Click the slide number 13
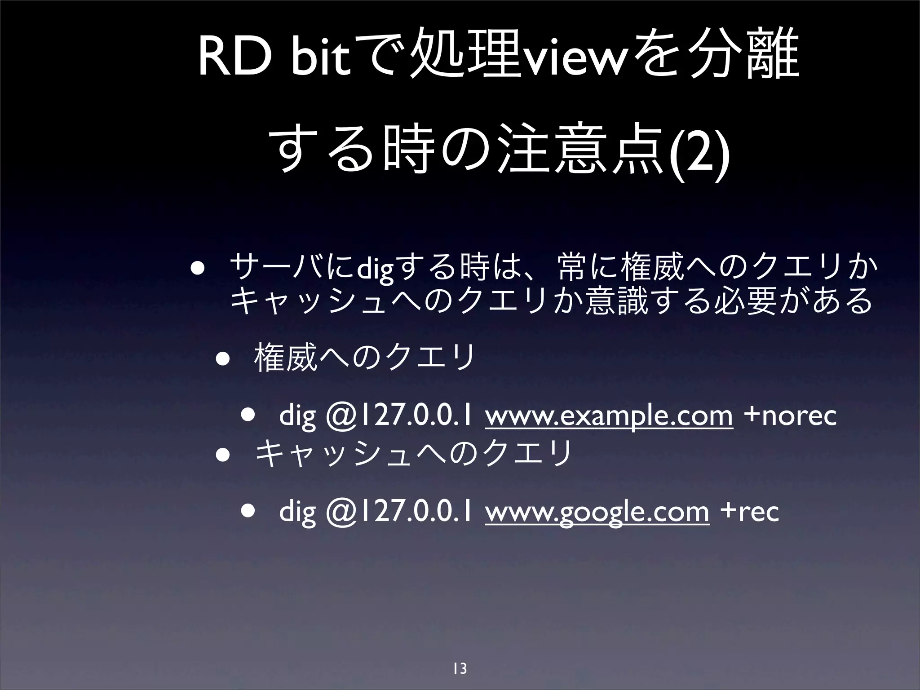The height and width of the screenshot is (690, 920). [x=460, y=668]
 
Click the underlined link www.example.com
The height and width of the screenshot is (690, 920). [x=609, y=416]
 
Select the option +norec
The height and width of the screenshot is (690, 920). [x=790, y=416]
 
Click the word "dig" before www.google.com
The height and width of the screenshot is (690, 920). [x=297, y=512]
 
